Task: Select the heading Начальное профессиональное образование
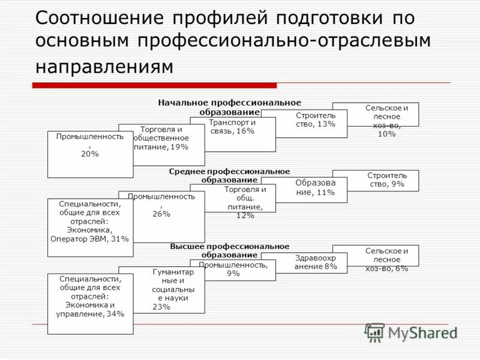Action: (x=230, y=107)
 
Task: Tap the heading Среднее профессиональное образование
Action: (x=229, y=176)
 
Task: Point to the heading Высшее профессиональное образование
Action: (x=229, y=251)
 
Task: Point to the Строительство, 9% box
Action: (x=385, y=181)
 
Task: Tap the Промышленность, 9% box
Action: (x=233, y=270)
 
